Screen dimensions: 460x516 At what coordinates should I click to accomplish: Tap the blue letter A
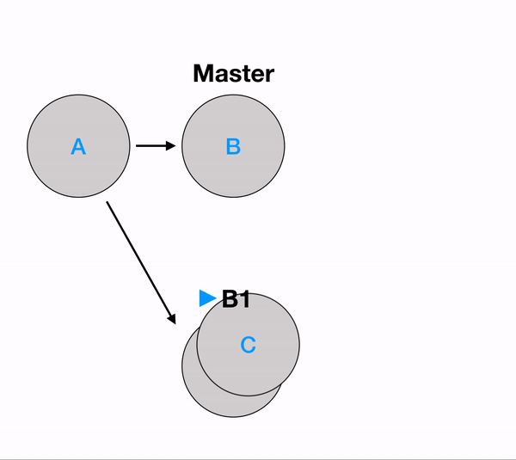(x=78, y=147)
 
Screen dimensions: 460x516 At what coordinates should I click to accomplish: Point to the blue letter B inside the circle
(x=233, y=146)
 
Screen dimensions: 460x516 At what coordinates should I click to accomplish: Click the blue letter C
(x=248, y=346)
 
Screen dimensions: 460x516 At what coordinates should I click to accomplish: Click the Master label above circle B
(x=233, y=74)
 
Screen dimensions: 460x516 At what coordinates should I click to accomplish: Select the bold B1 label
(x=236, y=299)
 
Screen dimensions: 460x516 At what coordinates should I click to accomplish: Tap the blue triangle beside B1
(x=207, y=298)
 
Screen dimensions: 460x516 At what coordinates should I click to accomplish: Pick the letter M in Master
(x=203, y=74)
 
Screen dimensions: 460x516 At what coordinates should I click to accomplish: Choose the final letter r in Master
(x=269, y=76)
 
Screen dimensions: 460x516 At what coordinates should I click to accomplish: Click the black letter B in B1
(x=230, y=299)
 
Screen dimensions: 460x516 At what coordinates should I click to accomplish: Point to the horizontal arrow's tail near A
(x=138, y=146)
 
